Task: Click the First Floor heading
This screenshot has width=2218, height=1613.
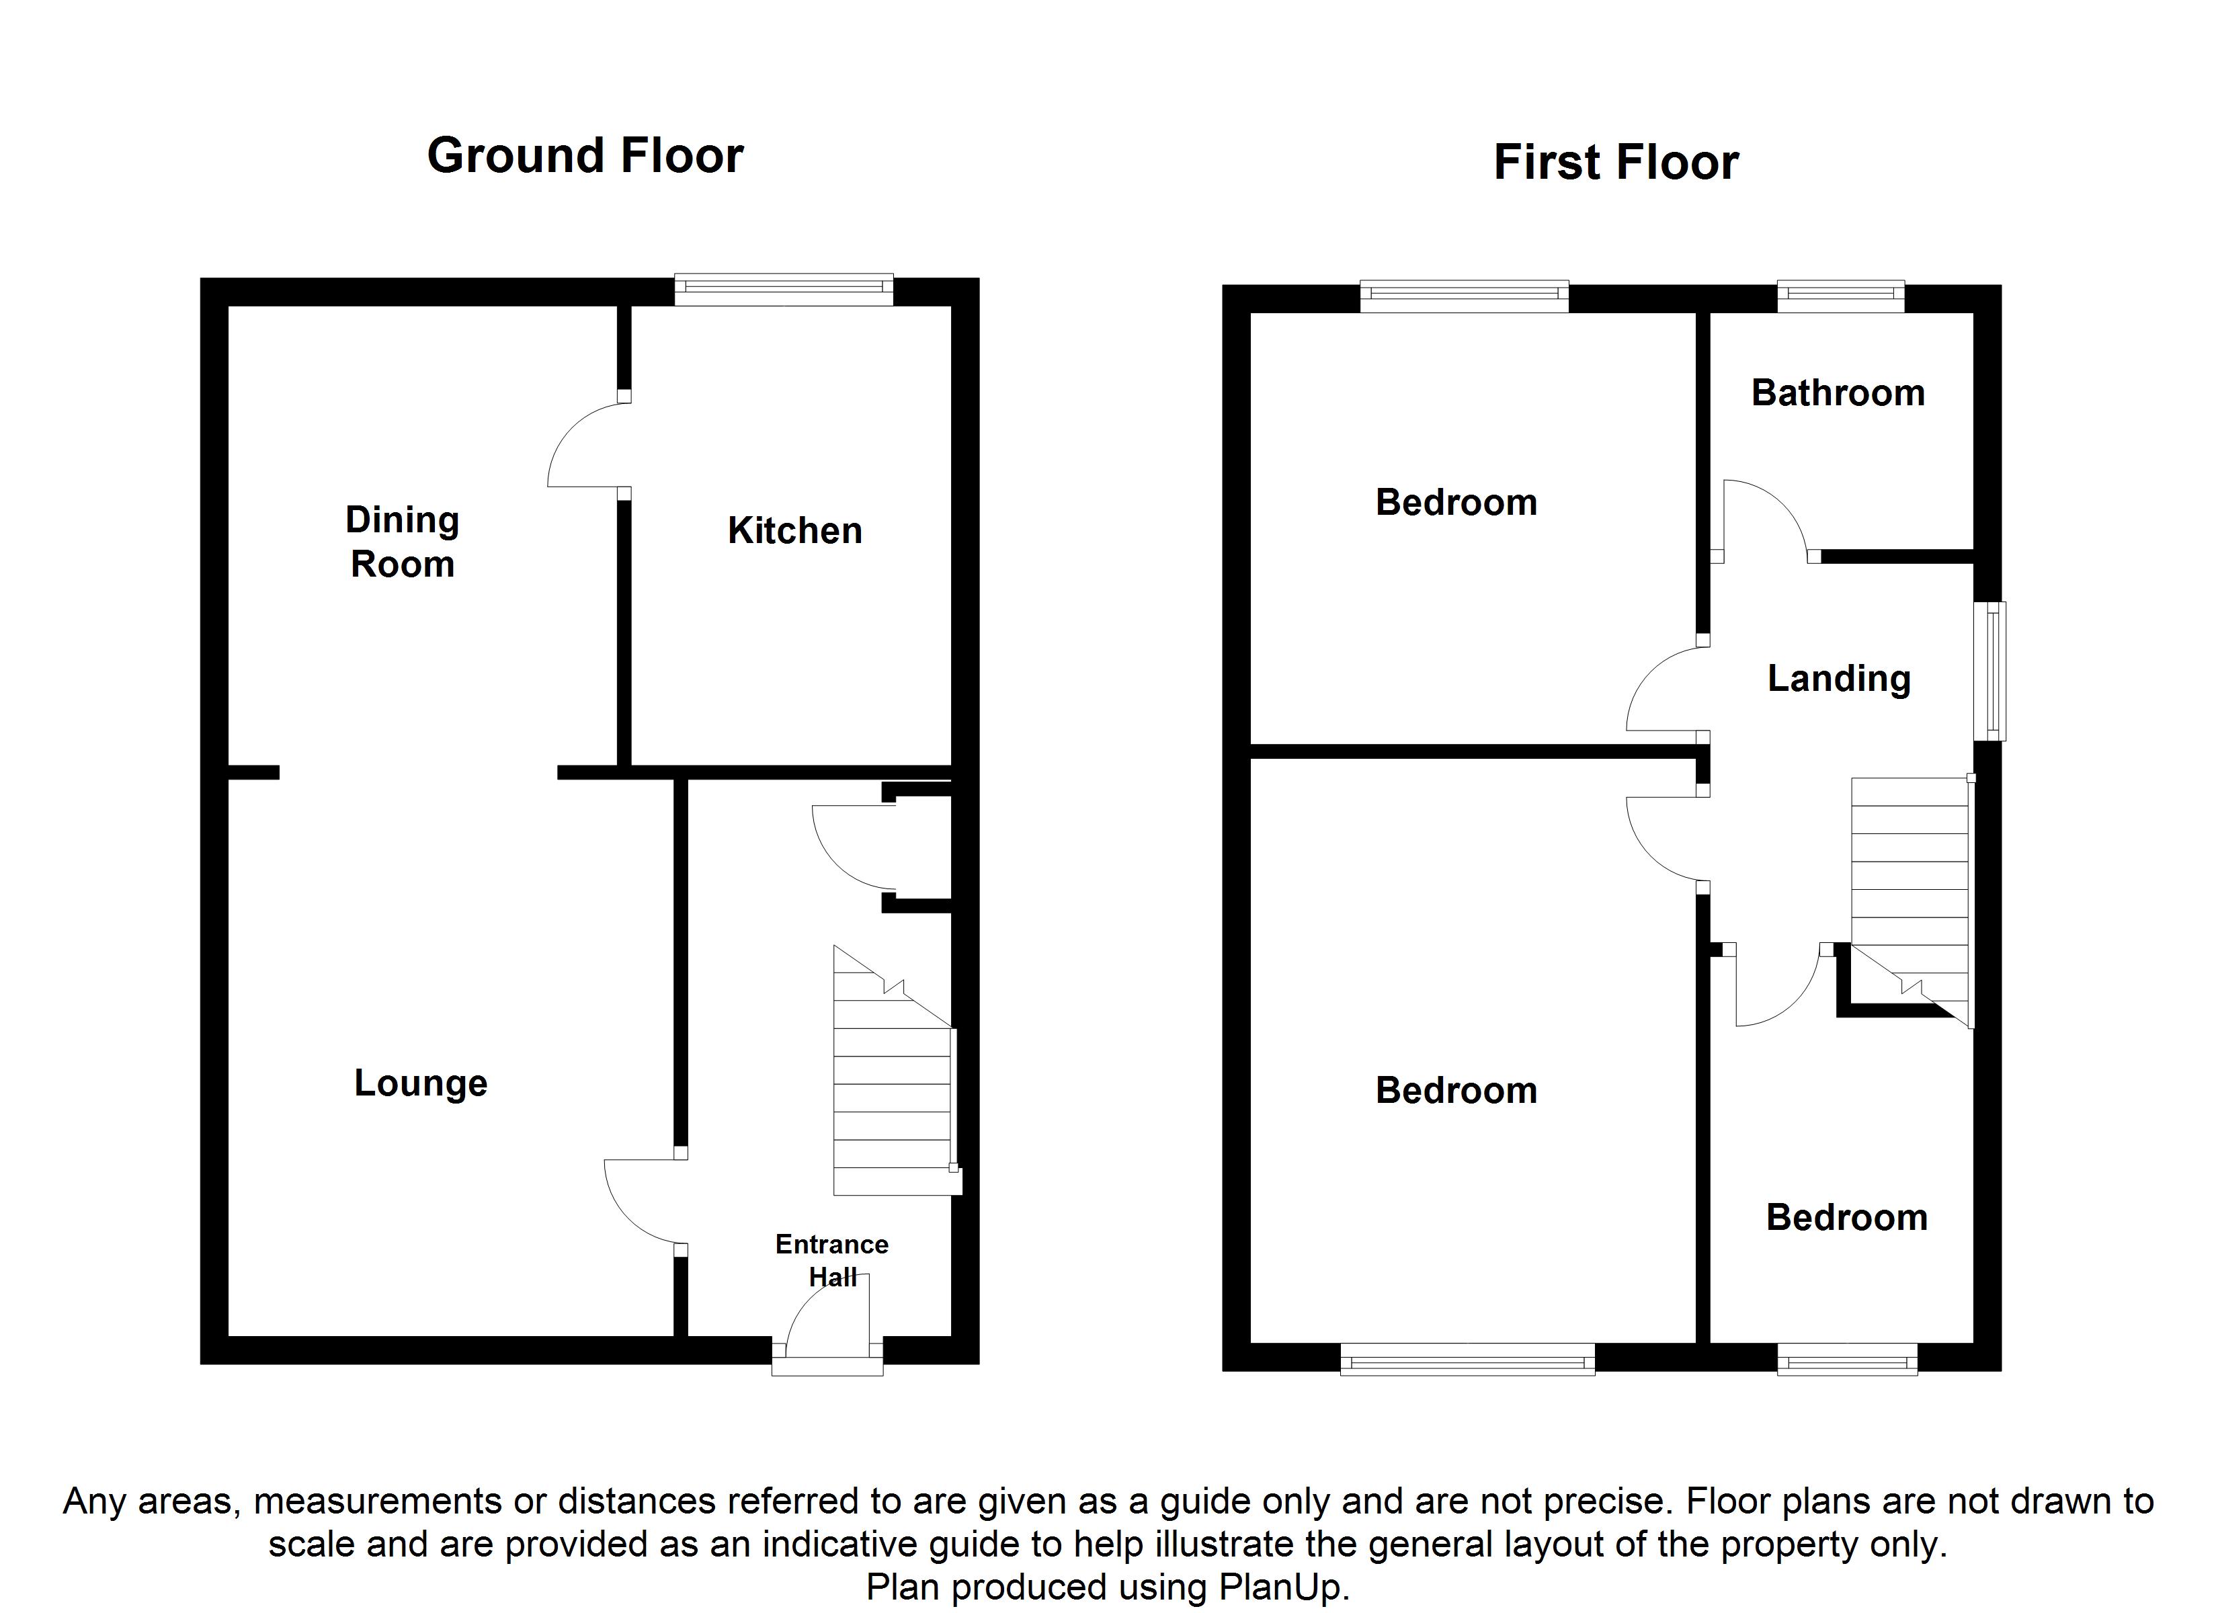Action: click(1616, 163)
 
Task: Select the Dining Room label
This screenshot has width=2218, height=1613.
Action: click(402, 542)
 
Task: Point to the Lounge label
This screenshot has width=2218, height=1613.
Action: click(421, 1083)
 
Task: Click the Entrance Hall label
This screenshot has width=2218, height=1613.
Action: click(831, 1260)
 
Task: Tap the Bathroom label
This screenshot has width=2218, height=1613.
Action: click(1838, 393)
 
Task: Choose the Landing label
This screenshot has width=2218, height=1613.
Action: click(1838, 678)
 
